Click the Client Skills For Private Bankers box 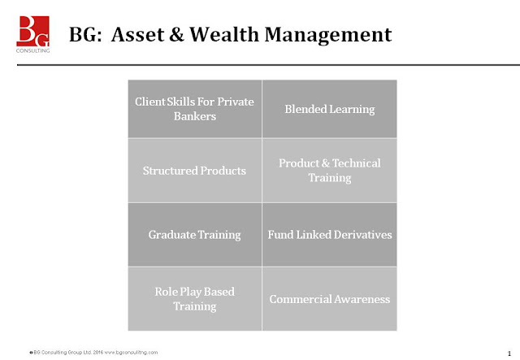[194, 109]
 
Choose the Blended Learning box [329, 109]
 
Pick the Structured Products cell [194, 171]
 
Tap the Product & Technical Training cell [329, 170]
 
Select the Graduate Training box [194, 235]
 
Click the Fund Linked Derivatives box [329, 235]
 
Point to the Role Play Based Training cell [194, 298]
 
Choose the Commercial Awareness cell [329, 299]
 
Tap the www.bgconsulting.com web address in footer [131, 352]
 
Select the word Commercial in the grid [300, 299]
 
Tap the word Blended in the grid [303, 109]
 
